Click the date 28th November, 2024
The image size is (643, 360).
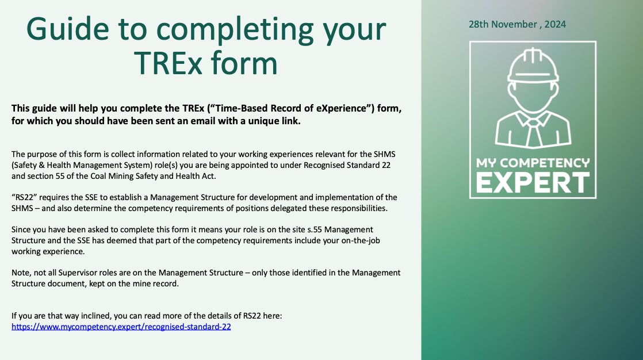coord(517,24)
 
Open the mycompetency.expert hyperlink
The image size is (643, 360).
coord(121,327)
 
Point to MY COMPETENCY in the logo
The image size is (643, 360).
coord(533,163)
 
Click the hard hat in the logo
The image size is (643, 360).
coord(533,65)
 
